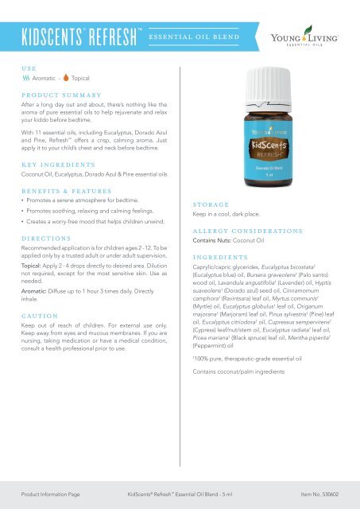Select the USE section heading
(x=29, y=68)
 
